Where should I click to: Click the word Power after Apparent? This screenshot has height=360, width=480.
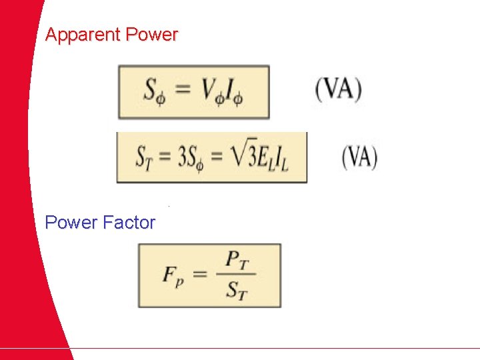point(153,35)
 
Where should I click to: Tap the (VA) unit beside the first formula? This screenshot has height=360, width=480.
point(338,89)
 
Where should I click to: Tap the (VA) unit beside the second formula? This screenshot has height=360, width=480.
point(359,157)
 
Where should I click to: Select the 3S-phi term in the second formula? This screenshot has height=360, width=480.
point(190,159)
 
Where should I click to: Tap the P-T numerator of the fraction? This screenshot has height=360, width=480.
point(237,260)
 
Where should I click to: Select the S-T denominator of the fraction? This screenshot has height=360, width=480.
point(237,291)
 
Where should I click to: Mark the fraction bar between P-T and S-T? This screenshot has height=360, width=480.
point(237,275)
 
